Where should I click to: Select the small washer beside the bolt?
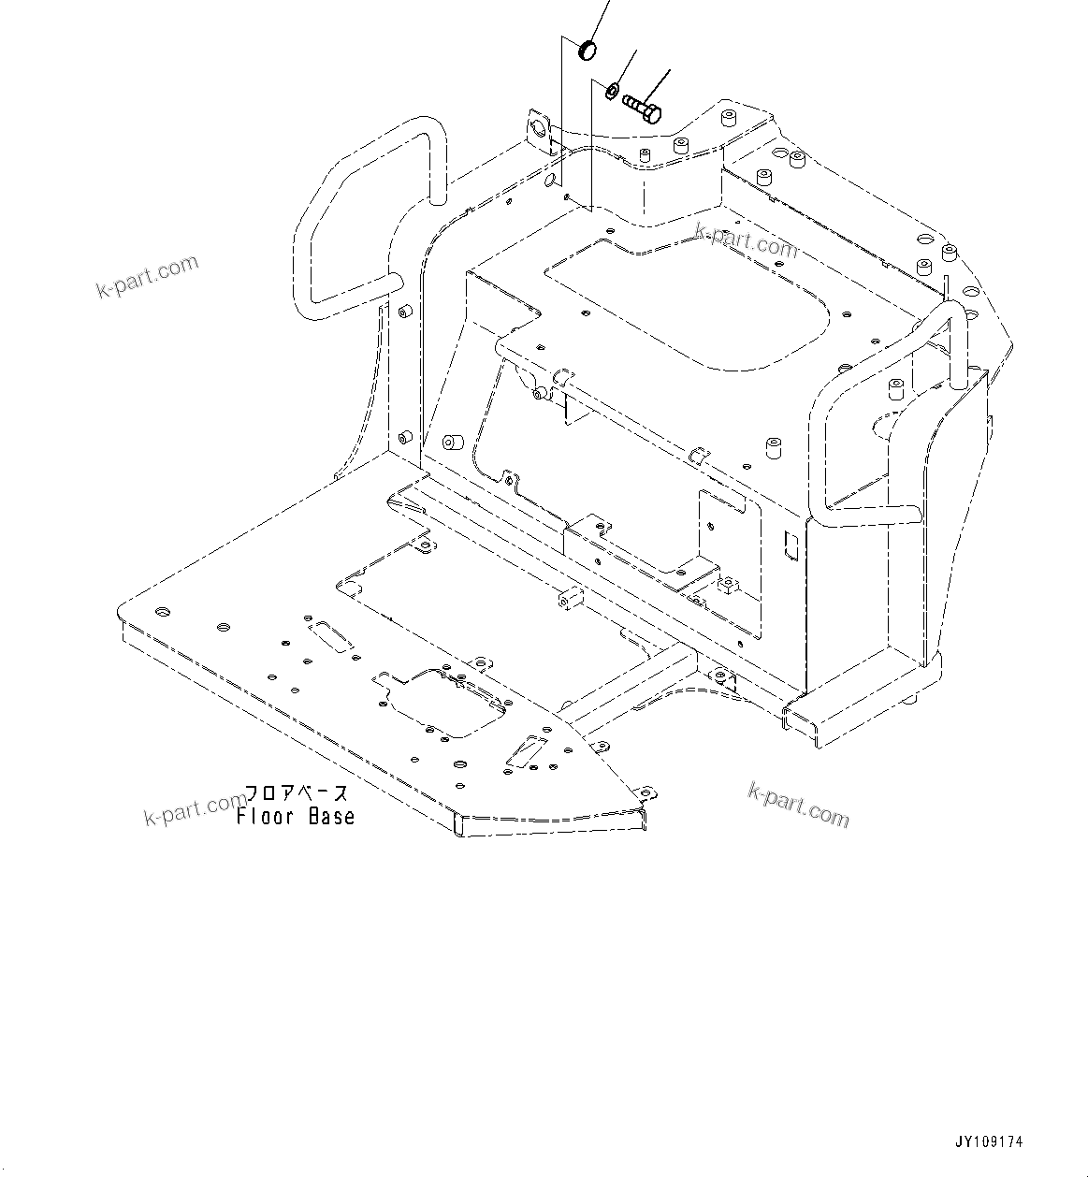[609, 91]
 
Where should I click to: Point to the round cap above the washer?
[588, 50]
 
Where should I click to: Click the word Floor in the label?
[265, 817]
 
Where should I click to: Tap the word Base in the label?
[332, 817]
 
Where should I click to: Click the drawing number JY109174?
[989, 1142]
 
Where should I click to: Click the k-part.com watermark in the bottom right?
[799, 806]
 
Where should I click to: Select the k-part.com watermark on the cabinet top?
[747, 241]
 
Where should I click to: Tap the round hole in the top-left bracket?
[538, 125]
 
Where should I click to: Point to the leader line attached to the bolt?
[660, 84]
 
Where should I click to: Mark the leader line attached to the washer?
[626, 65]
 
